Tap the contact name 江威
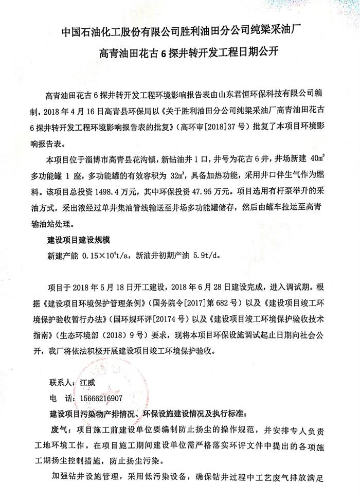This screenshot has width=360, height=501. point(87,383)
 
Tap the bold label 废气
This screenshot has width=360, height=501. point(58,428)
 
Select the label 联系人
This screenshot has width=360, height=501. point(62,383)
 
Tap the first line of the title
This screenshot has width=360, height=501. point(180,30)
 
